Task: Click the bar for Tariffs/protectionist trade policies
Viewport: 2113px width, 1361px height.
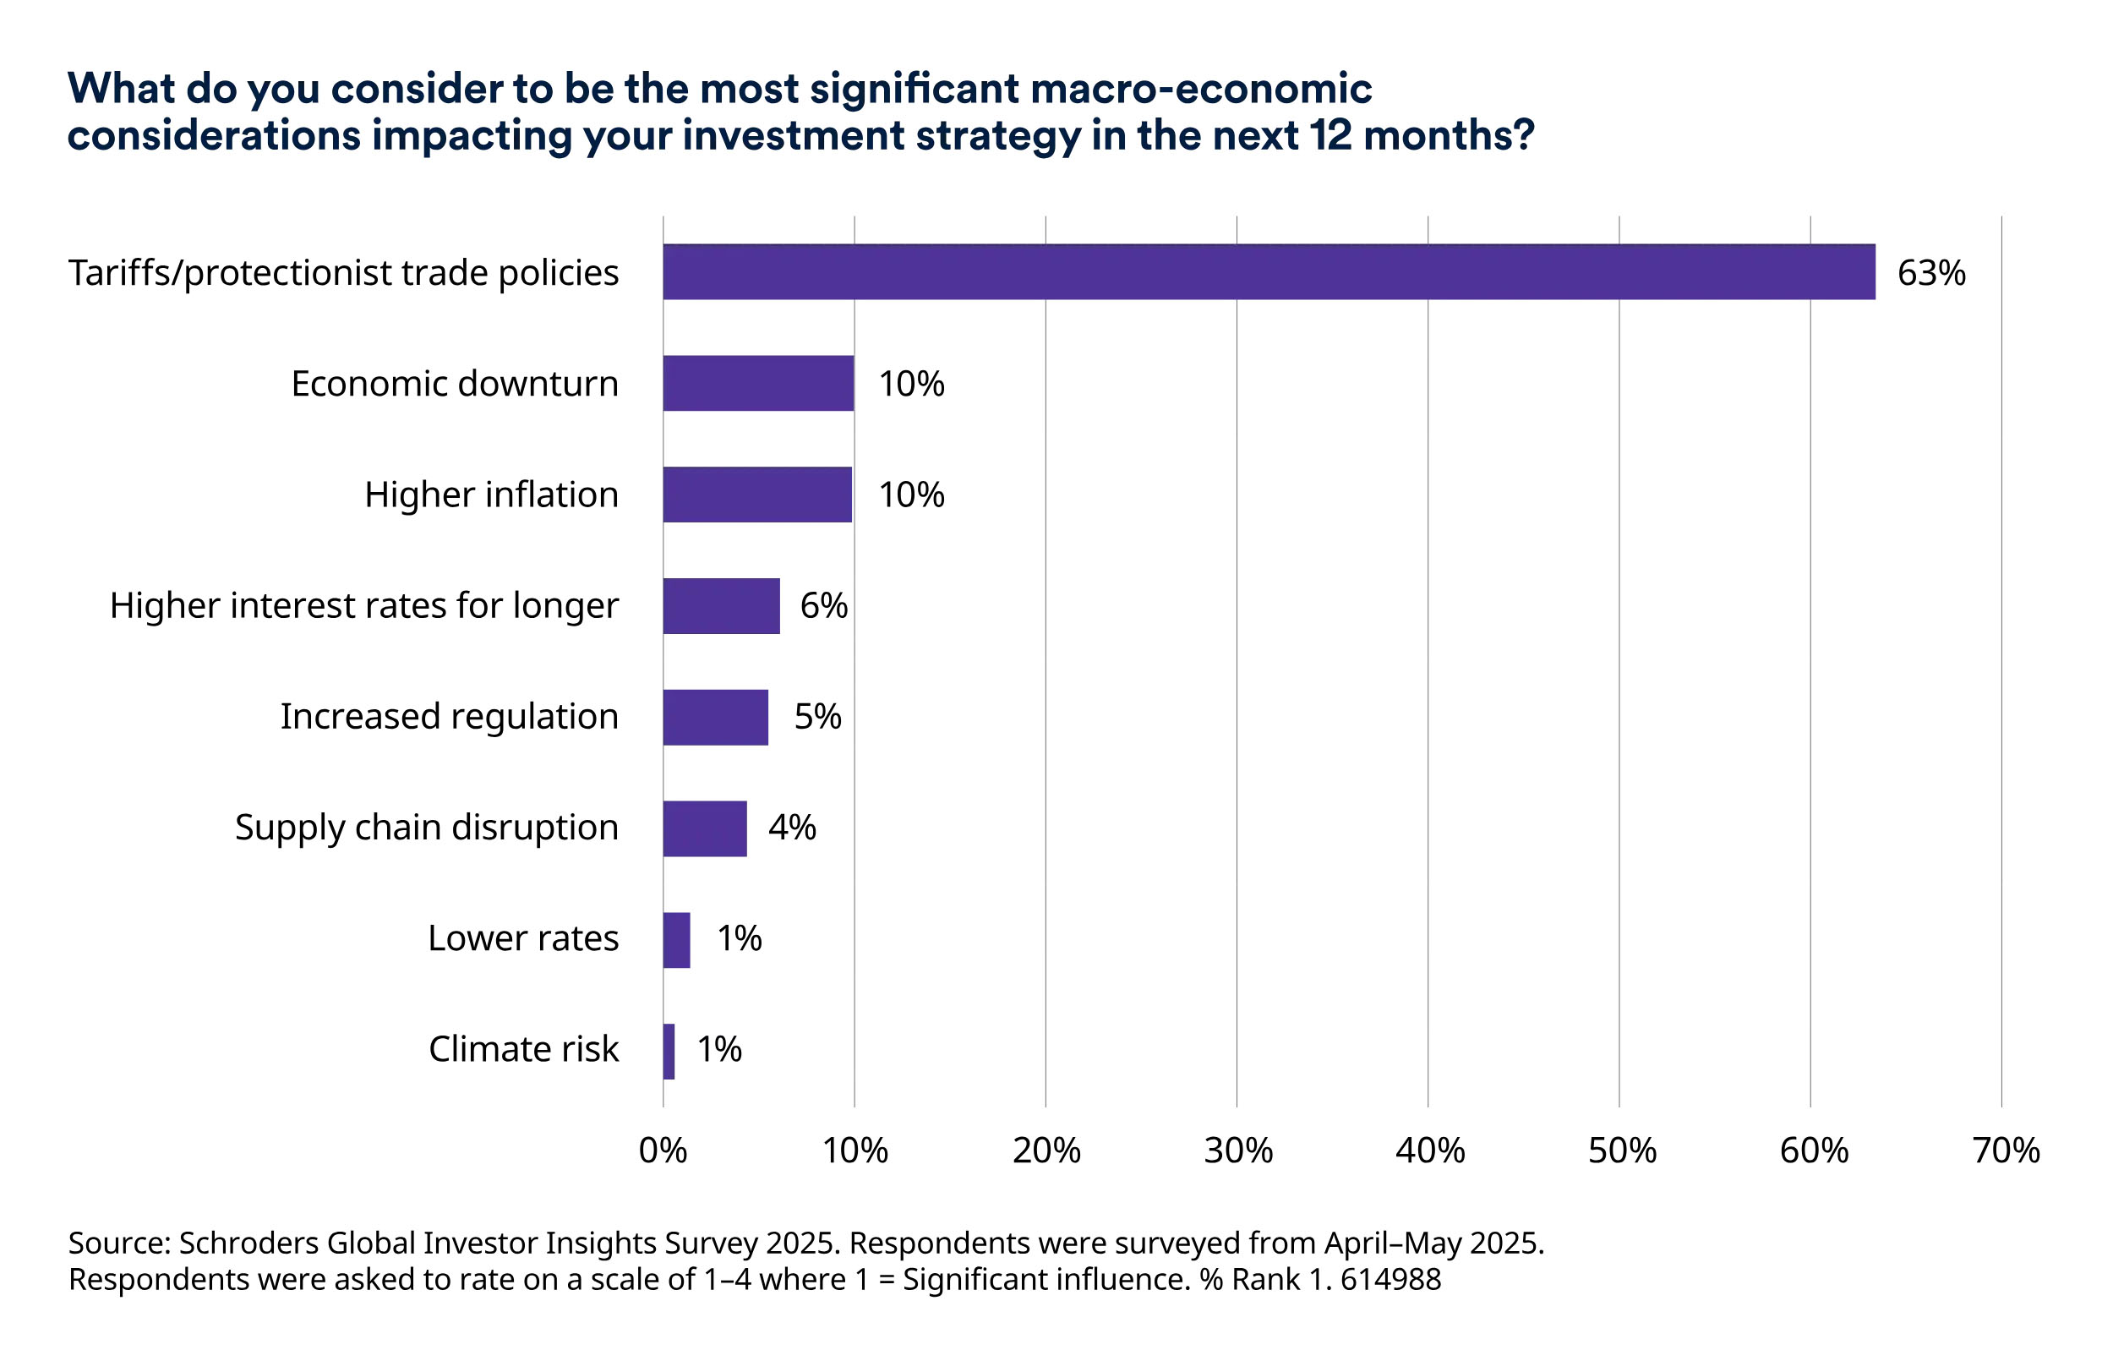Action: [1268, 272]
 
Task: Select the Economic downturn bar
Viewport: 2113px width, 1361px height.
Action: [758, 384]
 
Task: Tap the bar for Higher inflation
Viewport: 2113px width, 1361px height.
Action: [757, 495]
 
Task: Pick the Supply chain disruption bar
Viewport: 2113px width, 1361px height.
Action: [704, 828]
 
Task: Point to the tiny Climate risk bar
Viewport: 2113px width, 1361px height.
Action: [669, 1051]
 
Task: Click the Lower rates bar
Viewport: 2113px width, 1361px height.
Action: [677, 939]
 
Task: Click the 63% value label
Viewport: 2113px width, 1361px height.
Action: [1930, 273]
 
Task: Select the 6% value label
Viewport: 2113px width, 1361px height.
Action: [823, 606]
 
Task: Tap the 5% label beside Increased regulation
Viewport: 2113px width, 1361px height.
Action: [817, 717]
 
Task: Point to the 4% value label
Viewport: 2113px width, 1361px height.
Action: [791, 828]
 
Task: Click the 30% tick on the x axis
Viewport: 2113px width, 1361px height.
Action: [1237, 1151]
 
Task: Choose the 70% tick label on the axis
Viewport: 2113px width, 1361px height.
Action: [2005, 1151]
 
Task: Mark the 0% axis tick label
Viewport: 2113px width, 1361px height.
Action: [663, 1151]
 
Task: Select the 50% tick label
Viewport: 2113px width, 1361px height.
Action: [1622, 1151]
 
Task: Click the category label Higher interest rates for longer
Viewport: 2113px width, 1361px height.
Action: [364, 606]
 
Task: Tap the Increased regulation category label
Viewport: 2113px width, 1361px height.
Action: [449, 717]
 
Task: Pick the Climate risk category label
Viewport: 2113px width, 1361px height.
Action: [523, 1050]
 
